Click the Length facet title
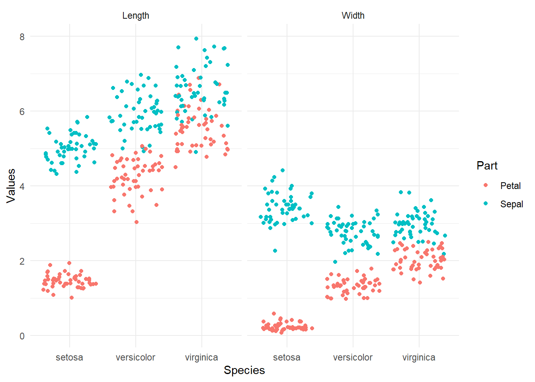point(136,16)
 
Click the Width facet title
point(353,16)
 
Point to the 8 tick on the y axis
point(22,37)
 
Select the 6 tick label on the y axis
point(22,111)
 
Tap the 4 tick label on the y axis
point(22,186)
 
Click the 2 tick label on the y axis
point(22,261)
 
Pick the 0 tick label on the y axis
point(22,336)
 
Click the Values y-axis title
point(11,186)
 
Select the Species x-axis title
point(244,370)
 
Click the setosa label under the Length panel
point(70,357)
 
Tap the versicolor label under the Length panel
point(136,357)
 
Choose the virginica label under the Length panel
point(201,357)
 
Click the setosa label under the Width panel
point(287,357)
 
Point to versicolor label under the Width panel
point(353,357)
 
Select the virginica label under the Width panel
point(419,357)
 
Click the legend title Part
point(487,166)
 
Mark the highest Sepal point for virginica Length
point(196,39)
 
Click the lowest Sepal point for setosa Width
point(275,251)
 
